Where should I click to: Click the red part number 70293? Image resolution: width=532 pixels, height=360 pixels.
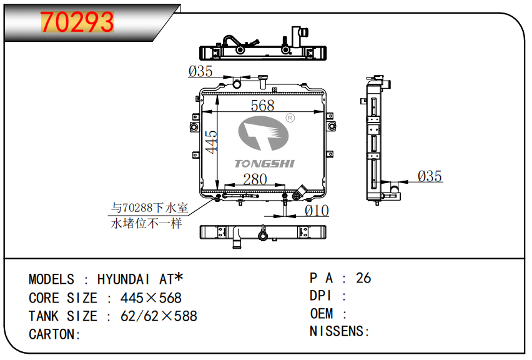77,22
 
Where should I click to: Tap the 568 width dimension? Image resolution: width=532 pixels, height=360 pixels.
262,106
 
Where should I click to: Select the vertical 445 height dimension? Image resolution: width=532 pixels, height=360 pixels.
211,142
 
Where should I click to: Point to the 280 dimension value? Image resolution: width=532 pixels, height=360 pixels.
255,179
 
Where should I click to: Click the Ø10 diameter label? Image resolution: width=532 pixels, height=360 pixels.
317,211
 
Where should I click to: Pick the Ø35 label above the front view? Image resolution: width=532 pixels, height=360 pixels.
200,71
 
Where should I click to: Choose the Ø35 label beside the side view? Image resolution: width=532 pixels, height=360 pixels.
430,176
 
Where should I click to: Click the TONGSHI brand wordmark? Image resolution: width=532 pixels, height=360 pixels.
264,164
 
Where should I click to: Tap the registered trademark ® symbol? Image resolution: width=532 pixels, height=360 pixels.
290,118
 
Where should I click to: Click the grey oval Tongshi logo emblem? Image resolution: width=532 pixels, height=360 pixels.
264,133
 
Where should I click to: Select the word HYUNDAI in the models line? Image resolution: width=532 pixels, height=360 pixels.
123,279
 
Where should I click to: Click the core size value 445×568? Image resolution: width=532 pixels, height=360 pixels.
151,298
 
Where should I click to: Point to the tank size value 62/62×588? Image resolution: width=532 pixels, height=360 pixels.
159,316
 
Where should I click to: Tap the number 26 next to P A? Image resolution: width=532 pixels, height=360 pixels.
363,278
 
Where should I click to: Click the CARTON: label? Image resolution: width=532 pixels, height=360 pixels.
54,334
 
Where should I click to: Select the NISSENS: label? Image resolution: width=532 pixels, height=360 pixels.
340,331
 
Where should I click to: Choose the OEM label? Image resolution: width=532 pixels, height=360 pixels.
322,314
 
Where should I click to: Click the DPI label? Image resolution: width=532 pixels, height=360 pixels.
320,296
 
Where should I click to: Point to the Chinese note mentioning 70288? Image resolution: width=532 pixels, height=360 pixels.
149,216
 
